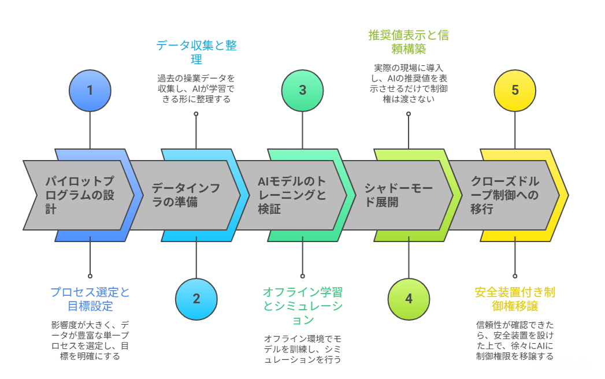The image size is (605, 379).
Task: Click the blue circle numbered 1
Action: tap(90, 90)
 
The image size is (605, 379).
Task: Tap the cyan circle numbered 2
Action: tap(196, 299)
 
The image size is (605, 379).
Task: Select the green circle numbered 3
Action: tap(302, 90)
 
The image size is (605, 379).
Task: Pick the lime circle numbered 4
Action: tap(409, 299)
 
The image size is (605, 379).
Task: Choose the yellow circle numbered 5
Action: tap(515, 90)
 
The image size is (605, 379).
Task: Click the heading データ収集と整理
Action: tap(196, 53)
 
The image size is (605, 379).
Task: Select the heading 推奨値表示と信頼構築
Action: tap(409, 42)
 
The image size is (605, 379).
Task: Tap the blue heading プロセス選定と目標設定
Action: tap(90, 299)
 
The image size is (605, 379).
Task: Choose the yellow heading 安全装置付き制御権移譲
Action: tap(515, 299)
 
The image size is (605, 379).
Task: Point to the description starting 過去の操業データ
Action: tap(196, 88)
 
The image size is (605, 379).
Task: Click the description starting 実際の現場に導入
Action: tap(409, 84)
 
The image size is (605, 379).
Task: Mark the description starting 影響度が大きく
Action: tap(90, 341)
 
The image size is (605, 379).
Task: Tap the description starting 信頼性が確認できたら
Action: tap(515, 341)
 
